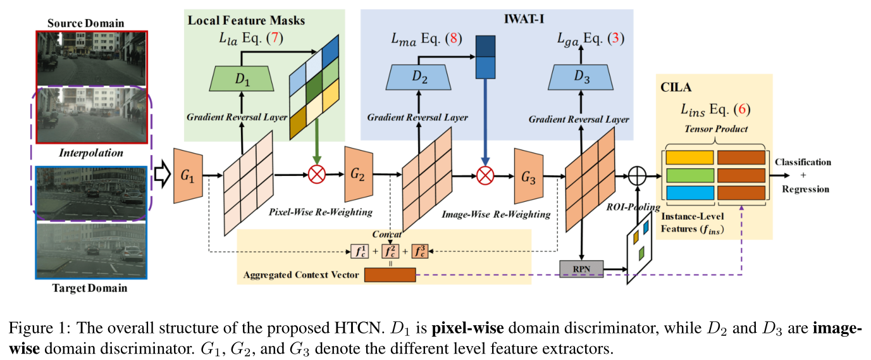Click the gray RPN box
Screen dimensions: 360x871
coord(581,269)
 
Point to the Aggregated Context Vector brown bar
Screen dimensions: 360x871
coord(390,275)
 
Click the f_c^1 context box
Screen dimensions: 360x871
coord(360,252)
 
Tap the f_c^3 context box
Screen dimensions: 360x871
coord(420,252)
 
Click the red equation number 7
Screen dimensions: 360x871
coord(274,39)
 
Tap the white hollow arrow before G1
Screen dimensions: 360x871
coord(163,174)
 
